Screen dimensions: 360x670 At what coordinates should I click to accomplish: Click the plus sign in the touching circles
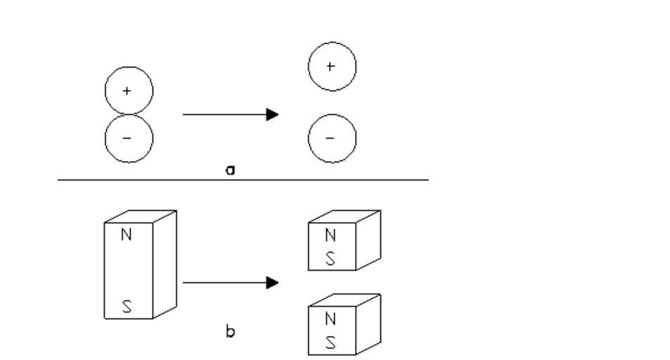coord(127,91)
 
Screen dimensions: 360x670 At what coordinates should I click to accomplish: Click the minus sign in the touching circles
coord(127,138)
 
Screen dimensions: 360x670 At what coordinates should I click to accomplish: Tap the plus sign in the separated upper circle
coord(331,66)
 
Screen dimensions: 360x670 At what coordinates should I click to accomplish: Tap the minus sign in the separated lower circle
coord(331,138)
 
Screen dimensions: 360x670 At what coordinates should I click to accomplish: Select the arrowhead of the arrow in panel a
coord(273,114)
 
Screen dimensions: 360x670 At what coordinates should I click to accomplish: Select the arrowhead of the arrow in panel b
coord(273,283)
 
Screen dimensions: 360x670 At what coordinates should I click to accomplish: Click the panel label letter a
coord(229,170)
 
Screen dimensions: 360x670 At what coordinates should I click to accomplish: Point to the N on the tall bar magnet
coord(127,235)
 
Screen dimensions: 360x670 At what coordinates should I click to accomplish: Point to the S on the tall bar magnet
coord(127,307)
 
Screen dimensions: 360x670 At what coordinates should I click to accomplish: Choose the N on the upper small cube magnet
coord(330,235)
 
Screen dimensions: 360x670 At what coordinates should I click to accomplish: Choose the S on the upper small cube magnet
coord(330,258)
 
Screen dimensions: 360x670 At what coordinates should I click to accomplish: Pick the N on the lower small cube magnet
coord(330,319)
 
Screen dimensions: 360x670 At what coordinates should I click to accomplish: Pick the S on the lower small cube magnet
coord(330,342)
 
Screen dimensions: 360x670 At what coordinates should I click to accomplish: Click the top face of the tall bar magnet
coord(140,217)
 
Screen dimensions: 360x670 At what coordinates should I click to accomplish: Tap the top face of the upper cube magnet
coord(344,217)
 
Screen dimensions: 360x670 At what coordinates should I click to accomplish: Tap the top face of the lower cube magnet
coord(344,301)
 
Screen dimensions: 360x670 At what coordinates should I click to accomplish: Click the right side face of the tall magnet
coord(165,264)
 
